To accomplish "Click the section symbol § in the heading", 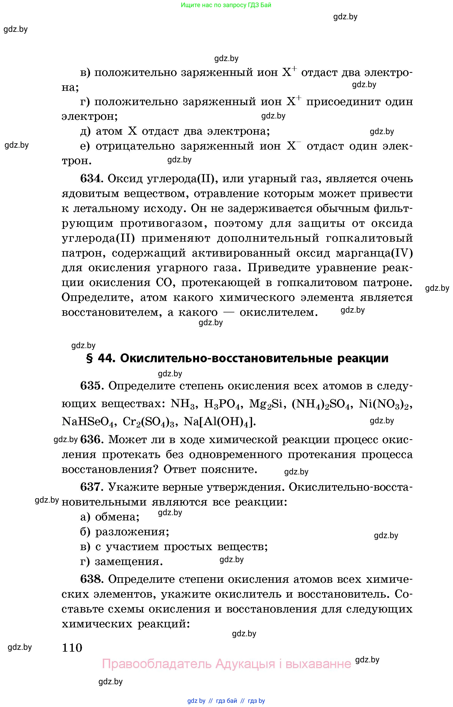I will pyautogui.click(x=89, y=358).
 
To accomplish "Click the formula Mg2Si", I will pyautogui.click(x=266, y=404).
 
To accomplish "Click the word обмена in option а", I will pyautogui.click(x=117, y=517).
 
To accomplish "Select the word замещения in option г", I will pyautogui.click(x=129, y=562).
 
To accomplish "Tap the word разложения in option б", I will pyautogui.click(x=132, y=532).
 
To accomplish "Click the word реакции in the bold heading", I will pyautogui.click(x=363, y=358).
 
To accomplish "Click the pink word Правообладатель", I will pyautogui.click(x=157, y=664).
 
